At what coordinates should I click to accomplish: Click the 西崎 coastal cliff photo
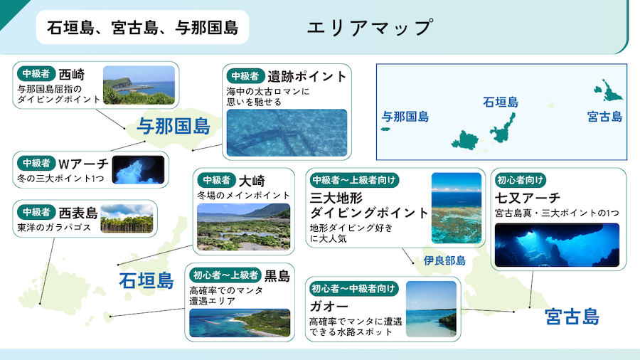[139, 85]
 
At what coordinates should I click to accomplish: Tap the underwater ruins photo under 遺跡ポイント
[287, 132]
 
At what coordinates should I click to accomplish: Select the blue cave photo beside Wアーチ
[138, 170]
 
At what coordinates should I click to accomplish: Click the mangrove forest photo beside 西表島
[127, 218]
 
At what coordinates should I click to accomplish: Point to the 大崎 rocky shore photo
[244, 226]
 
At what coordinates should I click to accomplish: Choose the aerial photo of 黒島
[240, 323]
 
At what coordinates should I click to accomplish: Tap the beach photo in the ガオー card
[431, 309]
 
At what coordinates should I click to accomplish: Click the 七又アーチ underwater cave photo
[557, 245]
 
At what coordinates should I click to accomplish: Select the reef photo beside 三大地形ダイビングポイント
[457, 208]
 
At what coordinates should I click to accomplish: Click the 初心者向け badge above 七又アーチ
[520, 180]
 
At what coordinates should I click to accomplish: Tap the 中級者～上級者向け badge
[354, 180]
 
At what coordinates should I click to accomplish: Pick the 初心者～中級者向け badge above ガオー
[353, 289]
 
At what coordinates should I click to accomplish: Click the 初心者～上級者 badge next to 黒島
[225, 275]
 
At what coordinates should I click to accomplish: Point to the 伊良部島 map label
[444, 260]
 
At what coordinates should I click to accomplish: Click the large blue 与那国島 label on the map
[174, 126]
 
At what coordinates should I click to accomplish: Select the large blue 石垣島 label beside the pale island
[146, 281]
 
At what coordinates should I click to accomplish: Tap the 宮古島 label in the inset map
[604, 117]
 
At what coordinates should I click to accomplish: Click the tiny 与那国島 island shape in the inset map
[385, 129]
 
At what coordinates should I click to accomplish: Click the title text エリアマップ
[369, 27]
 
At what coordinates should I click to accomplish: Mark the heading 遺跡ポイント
[307, 76]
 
